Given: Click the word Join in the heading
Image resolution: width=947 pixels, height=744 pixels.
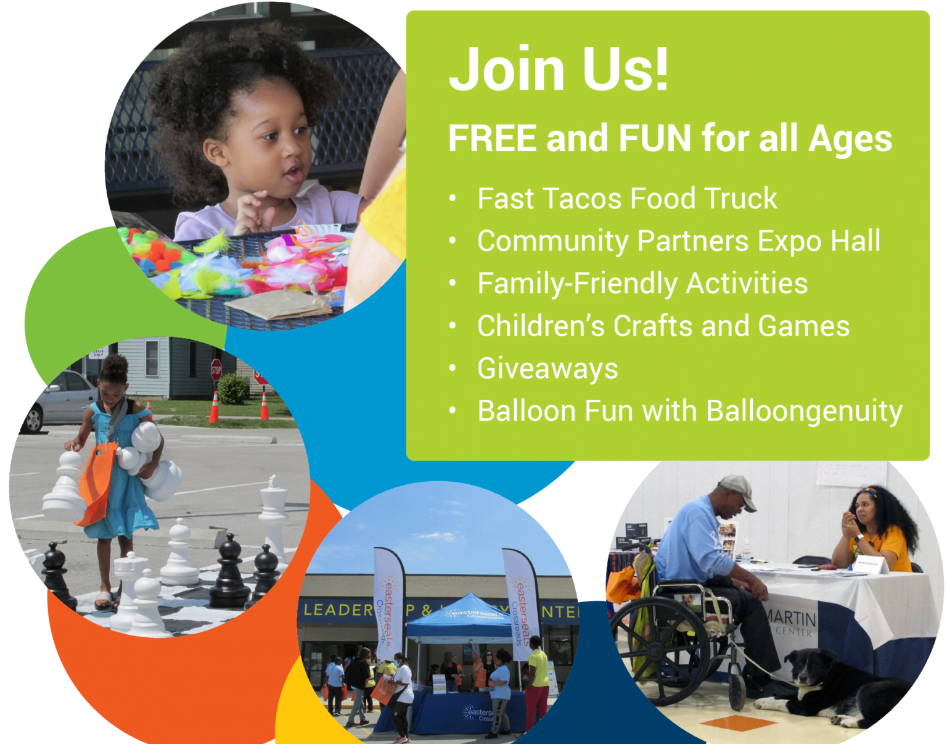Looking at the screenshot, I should click(x=509, y=68).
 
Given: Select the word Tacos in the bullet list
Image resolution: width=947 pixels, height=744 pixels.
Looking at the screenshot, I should click(x=583, y=199).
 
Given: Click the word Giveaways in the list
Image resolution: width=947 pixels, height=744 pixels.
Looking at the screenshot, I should click(x=547, y=369).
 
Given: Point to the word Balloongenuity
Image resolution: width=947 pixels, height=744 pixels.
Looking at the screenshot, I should click(x=804, y=411).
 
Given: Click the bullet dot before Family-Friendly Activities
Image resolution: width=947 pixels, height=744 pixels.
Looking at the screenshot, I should click(x=453, y=284).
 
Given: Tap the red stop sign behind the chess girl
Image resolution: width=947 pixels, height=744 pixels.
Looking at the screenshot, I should click(x=216, y=370).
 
